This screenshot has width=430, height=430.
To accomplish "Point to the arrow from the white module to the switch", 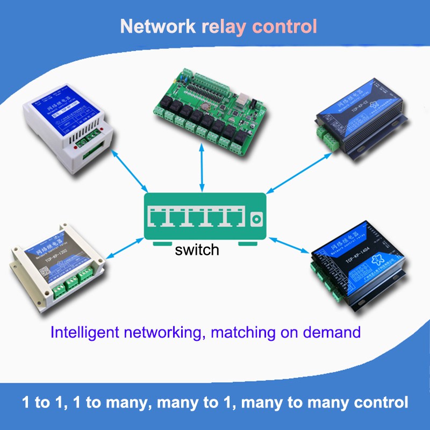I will click(129, 172).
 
